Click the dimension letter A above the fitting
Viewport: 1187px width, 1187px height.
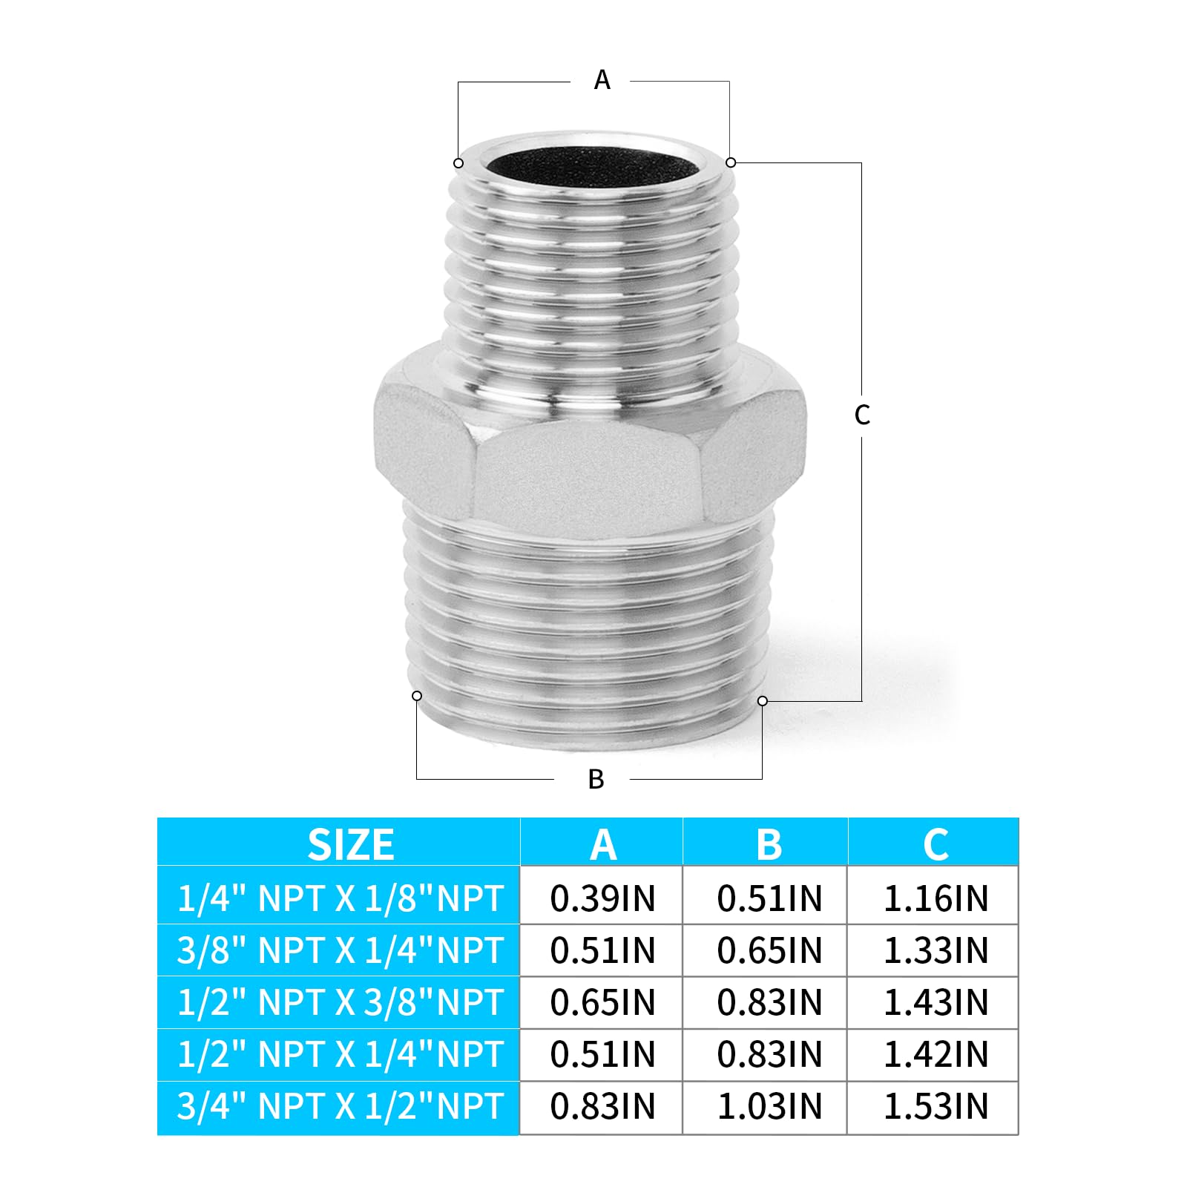(x=602, y=79)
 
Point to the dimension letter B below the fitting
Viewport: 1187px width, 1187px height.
(x=596, y=779)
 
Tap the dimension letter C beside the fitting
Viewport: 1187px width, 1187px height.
(x=861, y=415)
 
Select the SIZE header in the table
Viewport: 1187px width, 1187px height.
(x=351, y=844)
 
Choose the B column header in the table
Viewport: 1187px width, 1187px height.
(x=769, y=844)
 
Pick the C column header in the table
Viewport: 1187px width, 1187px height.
(x=936, y=844)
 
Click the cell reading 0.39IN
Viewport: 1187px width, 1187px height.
(x=602, y=898)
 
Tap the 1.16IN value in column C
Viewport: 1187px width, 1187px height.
(x=936, y=898)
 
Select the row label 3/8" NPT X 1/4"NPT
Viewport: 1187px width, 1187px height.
(x=340, y=950)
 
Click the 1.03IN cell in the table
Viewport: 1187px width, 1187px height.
(x=769, y=1106)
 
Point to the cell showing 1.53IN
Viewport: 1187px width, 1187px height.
(x=936, y=1106)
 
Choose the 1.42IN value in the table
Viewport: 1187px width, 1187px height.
(x=936, y=1054)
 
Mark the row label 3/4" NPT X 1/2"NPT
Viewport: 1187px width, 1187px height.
(x=340, y=1106)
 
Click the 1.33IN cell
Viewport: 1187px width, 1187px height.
(x=936, y=950)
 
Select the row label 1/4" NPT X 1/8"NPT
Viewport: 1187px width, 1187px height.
(x=340, y=898)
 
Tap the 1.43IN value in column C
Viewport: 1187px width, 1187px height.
(x=936, y=1002)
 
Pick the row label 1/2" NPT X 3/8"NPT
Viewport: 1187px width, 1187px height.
(x=340, y=1002)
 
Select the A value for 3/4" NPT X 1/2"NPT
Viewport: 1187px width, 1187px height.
(x=602, y=1106)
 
